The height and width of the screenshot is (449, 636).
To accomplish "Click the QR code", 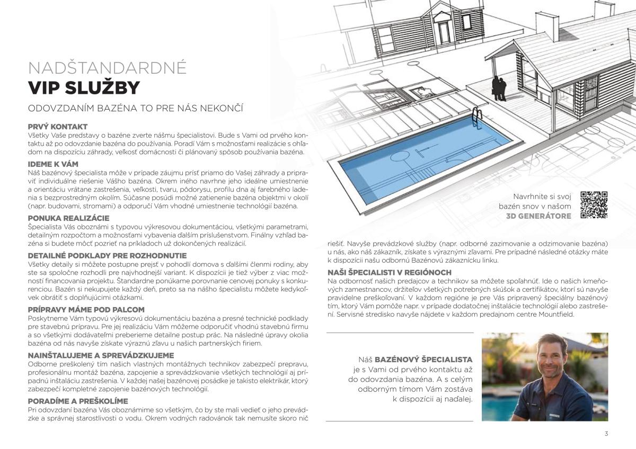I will pos(594,205).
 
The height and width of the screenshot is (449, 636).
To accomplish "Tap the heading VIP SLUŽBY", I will pos(84,87).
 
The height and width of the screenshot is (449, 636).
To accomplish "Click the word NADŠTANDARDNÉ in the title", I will pos(107,68).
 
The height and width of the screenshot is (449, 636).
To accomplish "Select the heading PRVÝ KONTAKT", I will pos(57,127).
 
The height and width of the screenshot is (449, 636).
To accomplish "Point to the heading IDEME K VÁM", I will pos(52,164).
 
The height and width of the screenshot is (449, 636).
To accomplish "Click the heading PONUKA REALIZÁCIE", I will pos(68,218).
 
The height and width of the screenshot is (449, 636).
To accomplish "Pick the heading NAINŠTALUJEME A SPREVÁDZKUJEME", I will pos(100,355).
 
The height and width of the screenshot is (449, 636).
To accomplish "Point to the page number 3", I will pos(606,434).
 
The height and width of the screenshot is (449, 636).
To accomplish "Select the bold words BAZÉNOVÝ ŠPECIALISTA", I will pos(423,359).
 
